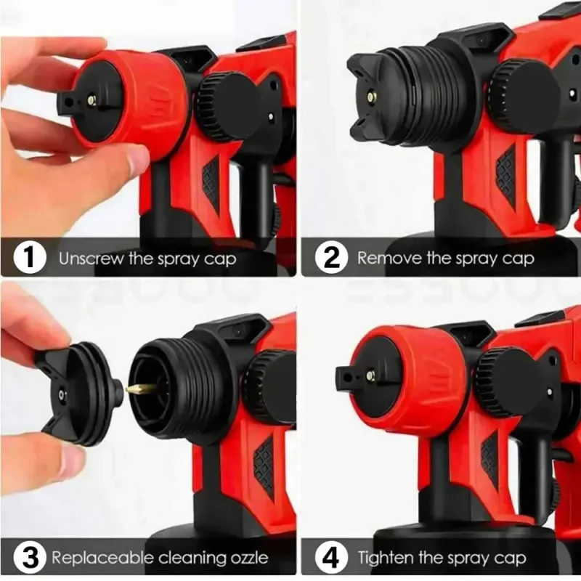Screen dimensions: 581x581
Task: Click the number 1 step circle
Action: point(30,257)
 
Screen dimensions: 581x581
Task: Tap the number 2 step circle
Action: point(331,257)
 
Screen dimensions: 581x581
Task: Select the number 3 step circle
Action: point(30,557)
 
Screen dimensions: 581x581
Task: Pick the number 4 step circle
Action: point(331,557)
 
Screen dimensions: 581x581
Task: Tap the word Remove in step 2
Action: point(389,258)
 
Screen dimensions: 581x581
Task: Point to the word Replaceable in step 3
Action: point(102,557)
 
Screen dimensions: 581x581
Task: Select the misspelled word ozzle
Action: point(248,558)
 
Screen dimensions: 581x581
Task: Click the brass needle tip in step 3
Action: point(138,389)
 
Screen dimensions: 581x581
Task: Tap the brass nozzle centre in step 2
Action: point(370,97)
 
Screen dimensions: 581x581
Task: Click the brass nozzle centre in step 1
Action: point(92,99)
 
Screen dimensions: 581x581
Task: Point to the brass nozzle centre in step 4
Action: point(370,375)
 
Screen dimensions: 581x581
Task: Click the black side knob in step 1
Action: point(227,106)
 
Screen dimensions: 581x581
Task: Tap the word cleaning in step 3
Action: point(190,558)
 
